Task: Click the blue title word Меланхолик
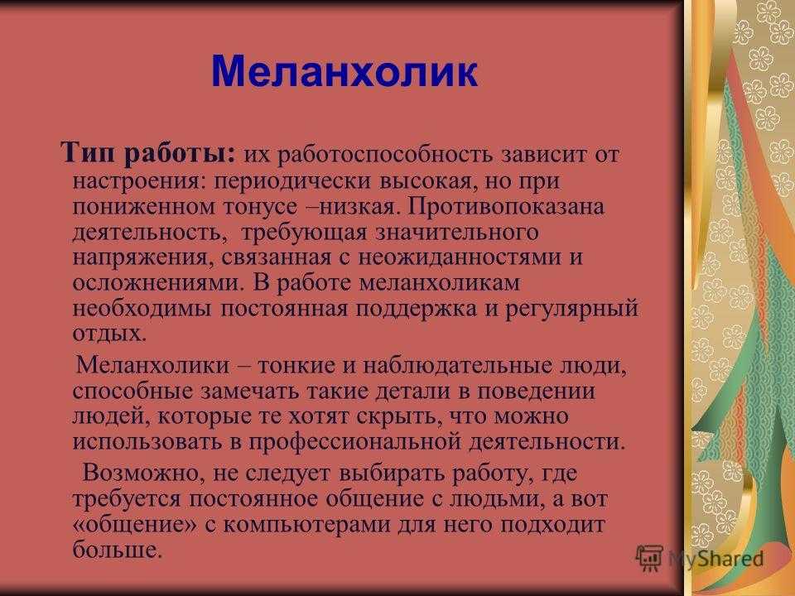click(x=344, y=72)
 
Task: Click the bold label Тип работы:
click(x=148, y=152)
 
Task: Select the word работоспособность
click(x=385, y=155)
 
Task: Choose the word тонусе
click(x=260, y=207)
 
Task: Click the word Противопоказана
click(x=505, y=206)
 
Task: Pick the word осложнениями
click(x=157, y=283)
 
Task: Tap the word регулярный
click(x=571, y=309)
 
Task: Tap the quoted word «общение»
click(x=134, y=525)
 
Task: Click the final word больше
click(x=117, y=550)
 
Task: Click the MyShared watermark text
click(x=715, y=558)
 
